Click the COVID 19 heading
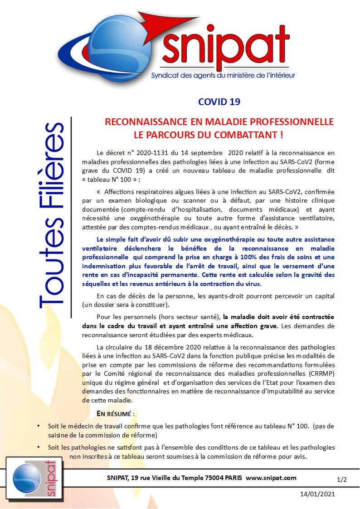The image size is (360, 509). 219,102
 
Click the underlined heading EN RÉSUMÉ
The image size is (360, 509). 116,414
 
